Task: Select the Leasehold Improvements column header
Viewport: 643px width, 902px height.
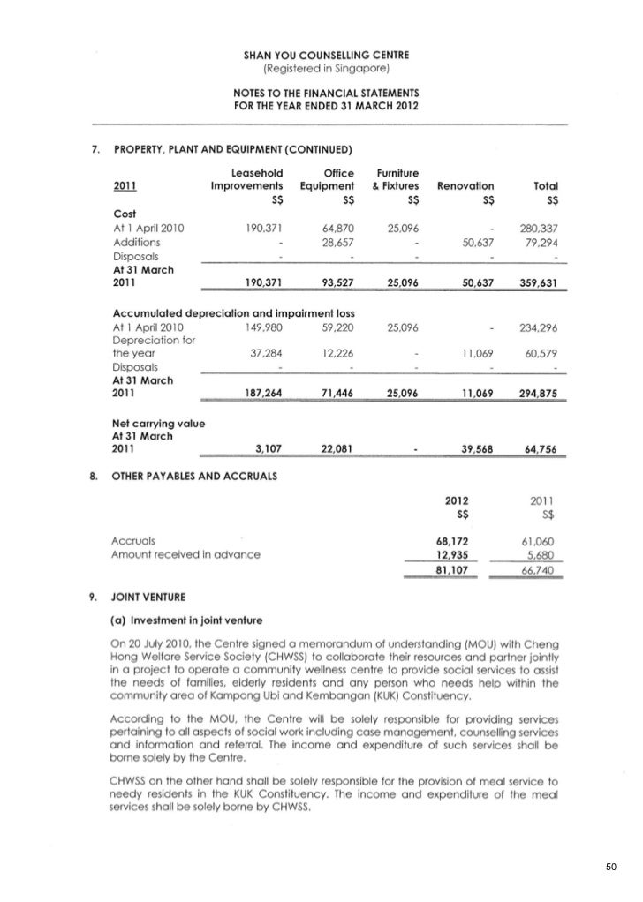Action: [x=247, y=179]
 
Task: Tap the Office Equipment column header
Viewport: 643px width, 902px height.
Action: [x=327, y=179]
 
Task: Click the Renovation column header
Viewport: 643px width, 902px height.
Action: [x=465, y=187]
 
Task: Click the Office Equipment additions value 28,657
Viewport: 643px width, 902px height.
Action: [x=337, y=243]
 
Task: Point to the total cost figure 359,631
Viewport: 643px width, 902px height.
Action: [x=544, y=282]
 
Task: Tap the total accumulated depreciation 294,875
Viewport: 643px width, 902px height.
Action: [x=544, y=395]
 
